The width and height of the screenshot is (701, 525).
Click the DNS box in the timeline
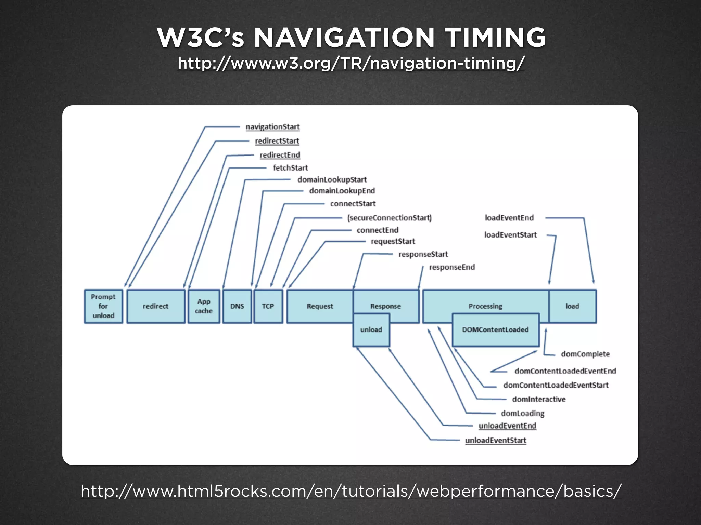237,306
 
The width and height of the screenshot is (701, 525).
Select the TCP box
268,306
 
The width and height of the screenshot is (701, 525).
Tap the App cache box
204,306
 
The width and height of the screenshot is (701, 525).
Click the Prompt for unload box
103,306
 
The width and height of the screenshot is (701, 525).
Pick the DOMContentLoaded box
495,330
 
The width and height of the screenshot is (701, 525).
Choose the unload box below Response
371,330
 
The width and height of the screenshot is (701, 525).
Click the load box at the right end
572,306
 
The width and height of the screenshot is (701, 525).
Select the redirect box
156,306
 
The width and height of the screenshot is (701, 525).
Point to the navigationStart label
272,127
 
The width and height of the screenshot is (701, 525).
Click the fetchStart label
290,168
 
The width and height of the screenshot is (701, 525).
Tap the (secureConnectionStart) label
390,218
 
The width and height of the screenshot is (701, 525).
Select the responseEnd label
452,267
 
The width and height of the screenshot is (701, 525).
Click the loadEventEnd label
509,218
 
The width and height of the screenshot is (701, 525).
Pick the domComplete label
585,354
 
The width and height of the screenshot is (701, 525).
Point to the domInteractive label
539,399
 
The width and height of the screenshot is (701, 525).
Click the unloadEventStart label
495,440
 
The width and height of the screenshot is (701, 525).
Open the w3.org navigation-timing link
351,63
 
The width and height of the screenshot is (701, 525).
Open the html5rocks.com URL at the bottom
351,491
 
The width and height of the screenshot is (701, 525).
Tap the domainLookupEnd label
342,191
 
